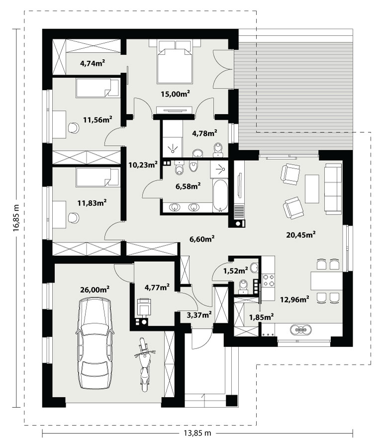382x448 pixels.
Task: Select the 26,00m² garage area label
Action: coord(95,290)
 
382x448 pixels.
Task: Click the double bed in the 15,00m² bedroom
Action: coord(175,62)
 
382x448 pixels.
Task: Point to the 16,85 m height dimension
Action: coord(16,217)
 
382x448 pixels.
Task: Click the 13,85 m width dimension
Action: coord(197,433)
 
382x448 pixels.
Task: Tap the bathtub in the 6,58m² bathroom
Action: coord(220,196)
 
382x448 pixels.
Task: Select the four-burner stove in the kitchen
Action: coord(269,280)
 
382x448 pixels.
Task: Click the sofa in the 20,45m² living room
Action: coord(333,189)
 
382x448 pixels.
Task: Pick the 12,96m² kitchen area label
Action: coord(294,300)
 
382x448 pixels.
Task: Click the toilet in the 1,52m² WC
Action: coord(243,287)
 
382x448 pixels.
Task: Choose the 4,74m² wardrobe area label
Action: coord(93,63)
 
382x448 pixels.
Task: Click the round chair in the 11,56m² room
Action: coord(74,128)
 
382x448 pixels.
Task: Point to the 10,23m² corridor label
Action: coord(143,165)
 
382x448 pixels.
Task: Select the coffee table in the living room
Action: coord(312,189)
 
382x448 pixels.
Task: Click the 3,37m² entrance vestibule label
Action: coord(199,315)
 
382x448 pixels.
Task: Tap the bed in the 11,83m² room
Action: coord(97,177)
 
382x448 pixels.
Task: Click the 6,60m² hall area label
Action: coord(202,239)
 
